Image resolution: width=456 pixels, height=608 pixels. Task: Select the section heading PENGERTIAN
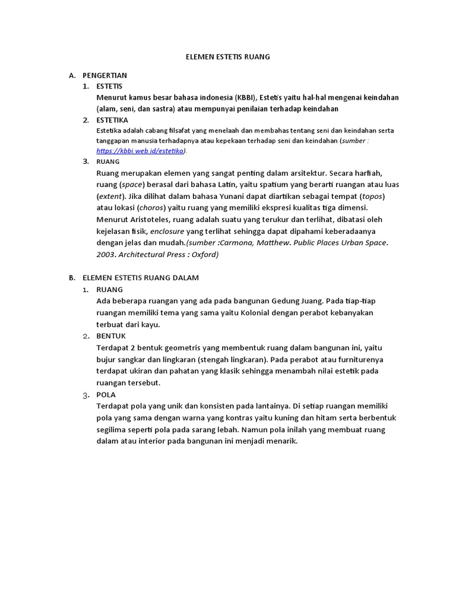click(x=104, y=75)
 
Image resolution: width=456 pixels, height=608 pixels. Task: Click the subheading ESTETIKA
click(x=112, y=119)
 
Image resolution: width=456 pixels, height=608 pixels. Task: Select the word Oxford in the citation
click(x=203, y=255)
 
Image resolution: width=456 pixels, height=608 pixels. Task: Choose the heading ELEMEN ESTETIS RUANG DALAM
click(x=141, y=277)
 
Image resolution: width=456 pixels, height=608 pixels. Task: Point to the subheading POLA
click(x=106, y=394)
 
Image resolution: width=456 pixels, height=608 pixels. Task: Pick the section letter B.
click(x=72, y=277)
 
